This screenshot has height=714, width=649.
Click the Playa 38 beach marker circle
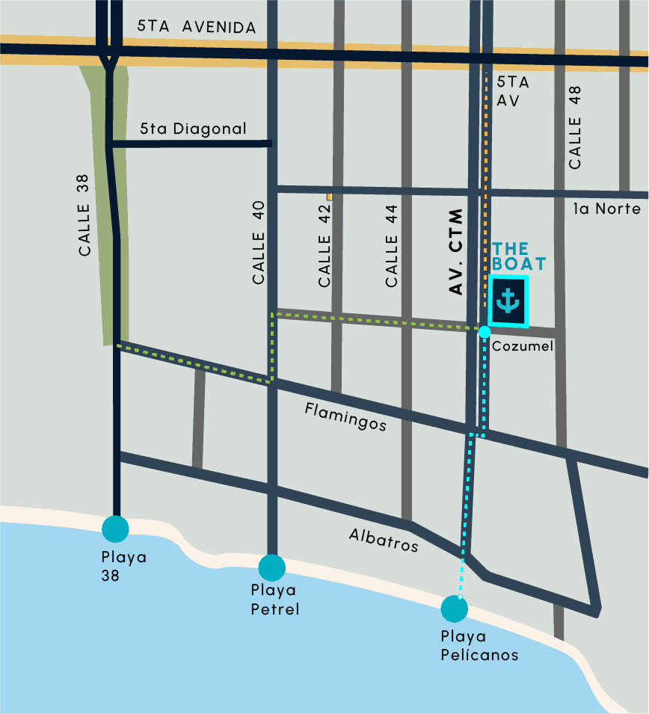[116, 528]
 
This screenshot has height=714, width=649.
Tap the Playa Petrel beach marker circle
[271, 567]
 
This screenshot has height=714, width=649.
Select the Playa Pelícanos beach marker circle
[454, 609]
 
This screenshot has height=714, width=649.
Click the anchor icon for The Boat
[508, 301]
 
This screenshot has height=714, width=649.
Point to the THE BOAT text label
[518, 256]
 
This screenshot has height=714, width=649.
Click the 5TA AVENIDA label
[197, 27]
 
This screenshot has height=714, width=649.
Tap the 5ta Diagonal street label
[193, 129]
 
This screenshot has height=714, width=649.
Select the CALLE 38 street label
[84, 215]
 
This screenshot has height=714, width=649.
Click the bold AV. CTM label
[457, 253]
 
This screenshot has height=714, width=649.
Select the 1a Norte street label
[606, 209]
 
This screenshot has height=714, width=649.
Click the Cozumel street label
[522, 346]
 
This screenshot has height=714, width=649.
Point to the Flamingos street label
[345, 416]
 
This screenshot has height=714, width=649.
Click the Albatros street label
[383, 540]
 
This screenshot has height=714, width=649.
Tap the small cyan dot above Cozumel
[485, 331]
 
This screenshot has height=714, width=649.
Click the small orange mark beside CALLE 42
[329, 197]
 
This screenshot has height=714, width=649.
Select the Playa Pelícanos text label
[479, 645]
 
